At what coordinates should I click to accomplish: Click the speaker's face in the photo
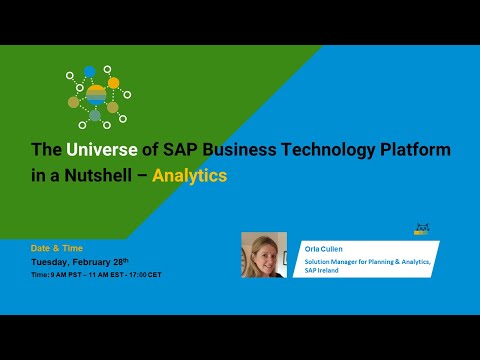pyautogui.click(x=263, y=251)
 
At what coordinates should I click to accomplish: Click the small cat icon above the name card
pyautogui.click(x=421, y=230)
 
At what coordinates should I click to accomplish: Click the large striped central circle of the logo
pyautogui.click(x=95, y=95)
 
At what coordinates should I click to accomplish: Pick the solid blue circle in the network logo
pyautogui.click(x=90, y=71)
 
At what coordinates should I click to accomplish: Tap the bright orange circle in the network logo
pyautogui.click(x=114, y=82)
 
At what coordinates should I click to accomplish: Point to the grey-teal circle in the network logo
pyautogui.click(x=95, y=116)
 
